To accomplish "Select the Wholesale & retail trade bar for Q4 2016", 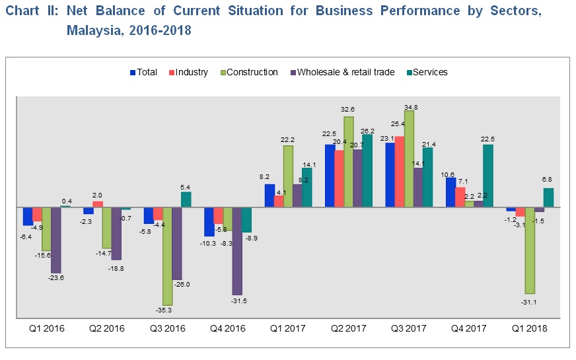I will click(x=237, y=251).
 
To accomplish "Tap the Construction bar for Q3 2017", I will click(x=409, y=159).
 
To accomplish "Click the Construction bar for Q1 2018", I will click(x=530, y=250).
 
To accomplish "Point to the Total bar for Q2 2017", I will click(x=330, y=176).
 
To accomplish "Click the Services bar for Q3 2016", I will click(x=186, y=199).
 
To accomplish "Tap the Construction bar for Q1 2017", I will click(x=288, y=176).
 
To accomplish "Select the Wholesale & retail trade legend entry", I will click(x=345, y=72).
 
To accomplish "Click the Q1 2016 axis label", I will click(x=47, y=328).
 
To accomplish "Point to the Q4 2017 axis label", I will click(x=469, y=328).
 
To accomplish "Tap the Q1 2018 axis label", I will click(x=529, y=328).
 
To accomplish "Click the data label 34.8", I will click(x=410, y=106).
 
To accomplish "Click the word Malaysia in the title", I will click(x=89, y=31).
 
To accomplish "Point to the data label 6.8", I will click(x=547, y=179).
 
